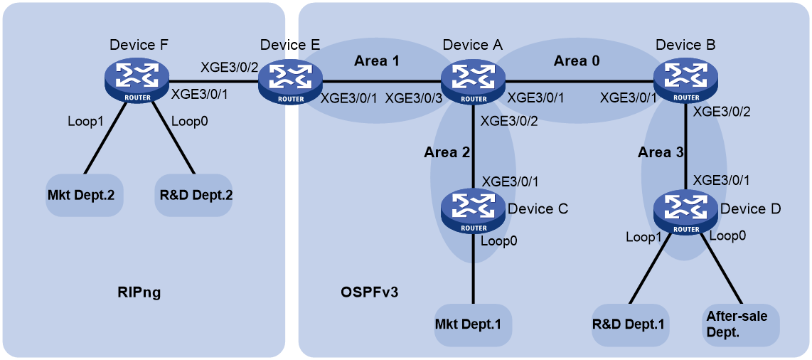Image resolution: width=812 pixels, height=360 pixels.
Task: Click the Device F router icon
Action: point(137,80)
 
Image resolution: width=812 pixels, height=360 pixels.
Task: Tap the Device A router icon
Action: point(473,80)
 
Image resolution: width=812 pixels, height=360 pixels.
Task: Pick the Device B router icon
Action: point(685,80)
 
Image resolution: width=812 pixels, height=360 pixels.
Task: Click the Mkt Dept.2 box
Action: point(85,195)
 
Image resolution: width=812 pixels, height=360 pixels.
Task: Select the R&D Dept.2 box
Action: point(193,195)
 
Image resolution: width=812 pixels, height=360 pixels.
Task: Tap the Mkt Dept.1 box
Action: point(473,325)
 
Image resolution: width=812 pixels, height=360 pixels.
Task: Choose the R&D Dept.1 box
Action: point(630,325)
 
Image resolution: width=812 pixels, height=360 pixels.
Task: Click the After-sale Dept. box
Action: point(741,325)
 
